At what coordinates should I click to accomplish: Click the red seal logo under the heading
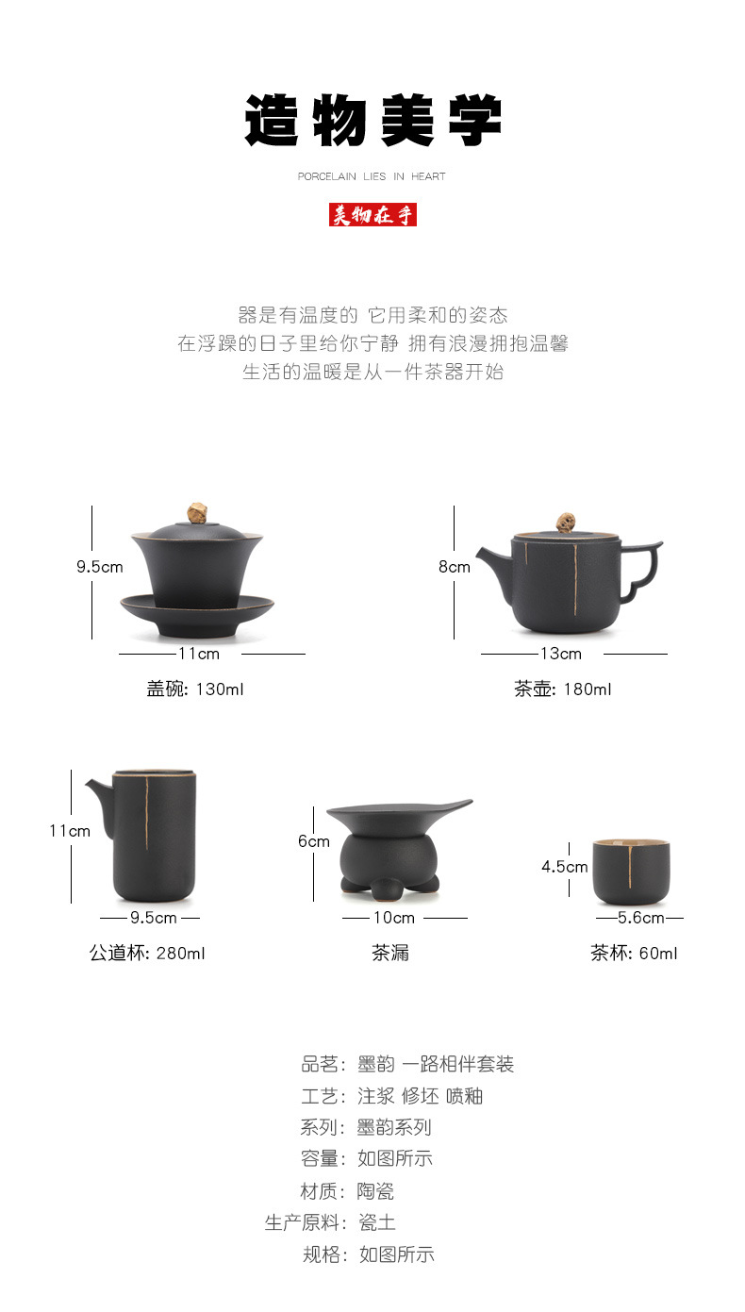click(372, 214)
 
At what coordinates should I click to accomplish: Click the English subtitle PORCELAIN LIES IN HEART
click(372, 176)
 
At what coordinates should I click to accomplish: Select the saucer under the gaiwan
click(197, 614)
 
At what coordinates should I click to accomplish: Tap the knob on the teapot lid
click(565, 522)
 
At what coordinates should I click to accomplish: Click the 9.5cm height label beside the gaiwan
click(100, 566)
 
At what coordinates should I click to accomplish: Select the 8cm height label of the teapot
click(455, 566)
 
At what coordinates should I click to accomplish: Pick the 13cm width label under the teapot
click(561, 654)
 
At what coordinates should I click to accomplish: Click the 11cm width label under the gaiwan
click(199, 654)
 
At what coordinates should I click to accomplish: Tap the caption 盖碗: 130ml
click(195, 689)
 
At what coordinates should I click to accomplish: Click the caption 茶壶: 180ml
click(563, 689)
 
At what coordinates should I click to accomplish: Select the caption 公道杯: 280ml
click(147, 953)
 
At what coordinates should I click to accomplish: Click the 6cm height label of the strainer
click(314, 841)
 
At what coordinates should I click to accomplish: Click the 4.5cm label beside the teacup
click(565, 867)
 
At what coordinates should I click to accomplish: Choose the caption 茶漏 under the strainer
click(390, 953)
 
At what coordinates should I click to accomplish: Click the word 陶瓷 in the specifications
click(375, 1190)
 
